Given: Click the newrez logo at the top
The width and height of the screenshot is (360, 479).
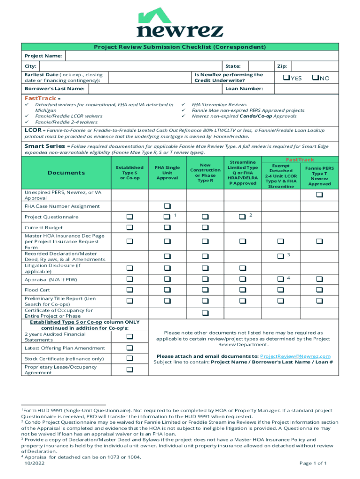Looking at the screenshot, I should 180,23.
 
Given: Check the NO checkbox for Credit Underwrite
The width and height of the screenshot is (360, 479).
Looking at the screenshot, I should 315,78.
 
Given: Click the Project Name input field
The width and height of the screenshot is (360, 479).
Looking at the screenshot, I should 201,56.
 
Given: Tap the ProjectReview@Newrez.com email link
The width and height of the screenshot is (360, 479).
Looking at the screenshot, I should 295,356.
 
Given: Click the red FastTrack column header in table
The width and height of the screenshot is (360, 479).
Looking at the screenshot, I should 300,160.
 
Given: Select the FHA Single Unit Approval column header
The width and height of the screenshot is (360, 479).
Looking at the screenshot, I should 167,173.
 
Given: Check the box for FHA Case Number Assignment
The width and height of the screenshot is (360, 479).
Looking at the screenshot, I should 167,206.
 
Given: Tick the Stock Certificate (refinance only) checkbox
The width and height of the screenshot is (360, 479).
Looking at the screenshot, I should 130,358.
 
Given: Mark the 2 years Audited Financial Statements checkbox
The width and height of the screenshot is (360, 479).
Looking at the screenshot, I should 130,337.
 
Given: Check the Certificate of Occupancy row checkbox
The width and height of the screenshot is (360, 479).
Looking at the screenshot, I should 205,312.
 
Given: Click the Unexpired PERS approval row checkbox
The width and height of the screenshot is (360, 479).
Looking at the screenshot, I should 319,195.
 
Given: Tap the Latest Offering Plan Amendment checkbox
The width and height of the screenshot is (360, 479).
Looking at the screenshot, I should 130,348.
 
